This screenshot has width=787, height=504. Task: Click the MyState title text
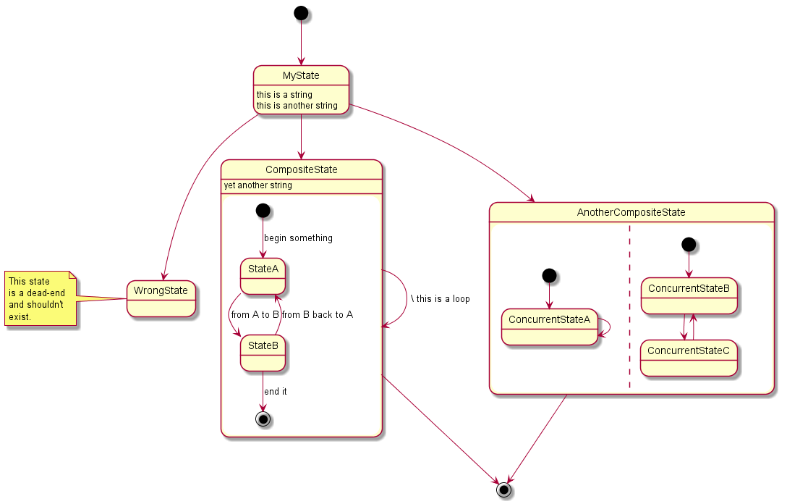point(301,76)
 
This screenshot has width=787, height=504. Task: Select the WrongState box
point(161,298)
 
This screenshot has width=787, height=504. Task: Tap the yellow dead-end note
point(41,298)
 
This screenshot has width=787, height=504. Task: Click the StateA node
point(263,277)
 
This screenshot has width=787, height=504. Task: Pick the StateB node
point(263,353)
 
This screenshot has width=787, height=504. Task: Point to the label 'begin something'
point(298,238)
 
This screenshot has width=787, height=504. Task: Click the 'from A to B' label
point(255,315)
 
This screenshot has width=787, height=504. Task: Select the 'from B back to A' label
point(318,315)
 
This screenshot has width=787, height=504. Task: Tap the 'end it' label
point(276,392)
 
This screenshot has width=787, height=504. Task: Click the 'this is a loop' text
point(443,299)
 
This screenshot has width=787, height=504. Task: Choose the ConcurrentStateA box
point(550,327)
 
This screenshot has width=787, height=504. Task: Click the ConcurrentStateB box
point(689,296)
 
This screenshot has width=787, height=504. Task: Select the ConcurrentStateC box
point(689,358)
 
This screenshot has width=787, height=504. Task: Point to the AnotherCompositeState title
point(631,213)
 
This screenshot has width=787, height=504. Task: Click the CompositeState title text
point(301,170)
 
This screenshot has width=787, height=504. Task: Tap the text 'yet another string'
point(258,185)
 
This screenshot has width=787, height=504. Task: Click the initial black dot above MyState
point(301,13)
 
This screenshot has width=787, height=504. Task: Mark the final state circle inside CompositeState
point(263,419)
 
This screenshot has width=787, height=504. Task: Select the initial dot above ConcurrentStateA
point(550,276)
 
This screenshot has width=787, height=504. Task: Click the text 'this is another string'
point(297,106)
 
